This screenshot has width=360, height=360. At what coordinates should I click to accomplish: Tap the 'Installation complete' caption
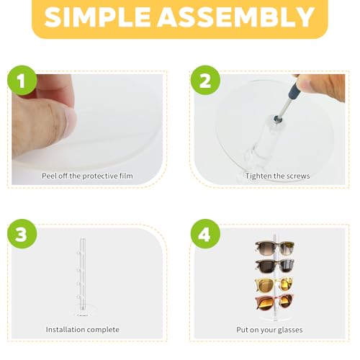[83, 330]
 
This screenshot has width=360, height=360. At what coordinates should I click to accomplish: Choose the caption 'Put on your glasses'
[269, 330]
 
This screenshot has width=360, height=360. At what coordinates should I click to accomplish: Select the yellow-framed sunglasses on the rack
[273, 284]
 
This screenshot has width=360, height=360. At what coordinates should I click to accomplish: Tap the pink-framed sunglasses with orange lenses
[273, 301]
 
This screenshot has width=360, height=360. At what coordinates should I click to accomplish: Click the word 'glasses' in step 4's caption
[289, 330]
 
